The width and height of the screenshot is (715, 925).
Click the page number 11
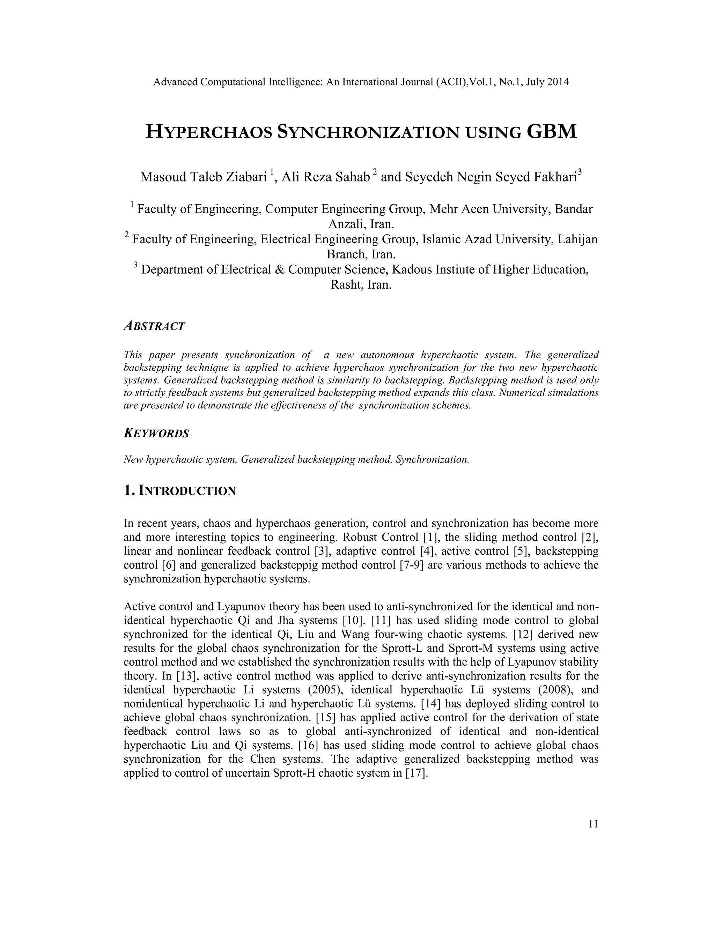click(x=593, y=824)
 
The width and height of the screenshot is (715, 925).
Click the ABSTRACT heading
click(x=154, y=326)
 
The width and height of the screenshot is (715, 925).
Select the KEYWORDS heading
click(x=156, y=433)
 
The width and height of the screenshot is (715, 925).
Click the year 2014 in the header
click(x=558, y=82)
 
